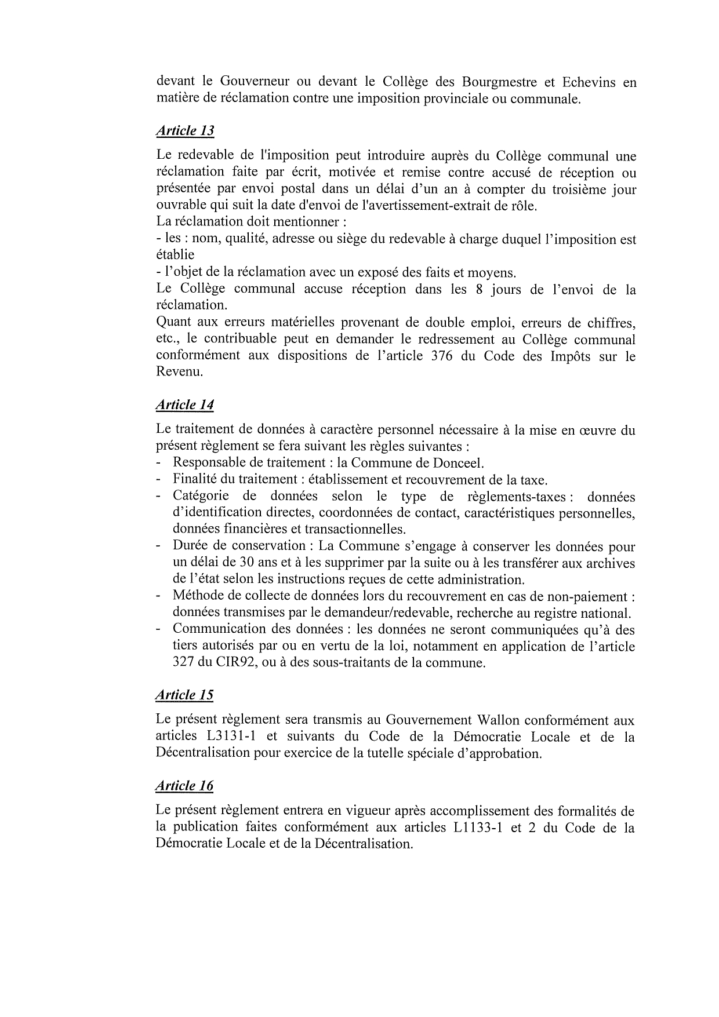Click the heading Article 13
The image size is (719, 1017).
tap(185, 131)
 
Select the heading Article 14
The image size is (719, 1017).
tap(185, 404)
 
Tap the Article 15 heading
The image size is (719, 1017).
tap(185, 695)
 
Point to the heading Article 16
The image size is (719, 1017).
tap(185, 786)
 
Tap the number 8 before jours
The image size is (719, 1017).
tap(479, 289)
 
